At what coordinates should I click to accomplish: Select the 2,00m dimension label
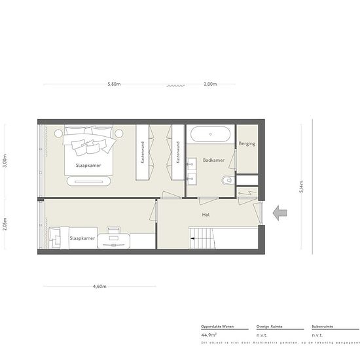211,84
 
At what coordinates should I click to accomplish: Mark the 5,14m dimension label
300,188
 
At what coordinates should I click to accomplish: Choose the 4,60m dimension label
99,286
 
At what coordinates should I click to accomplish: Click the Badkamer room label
213,160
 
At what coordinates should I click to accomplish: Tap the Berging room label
247,143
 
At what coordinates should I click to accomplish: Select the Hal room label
206,213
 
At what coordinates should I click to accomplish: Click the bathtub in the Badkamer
210,135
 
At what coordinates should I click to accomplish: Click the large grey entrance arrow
281,213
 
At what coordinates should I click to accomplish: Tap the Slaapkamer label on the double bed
87,165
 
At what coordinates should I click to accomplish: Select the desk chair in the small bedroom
114,231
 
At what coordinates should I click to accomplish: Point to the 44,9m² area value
210,334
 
